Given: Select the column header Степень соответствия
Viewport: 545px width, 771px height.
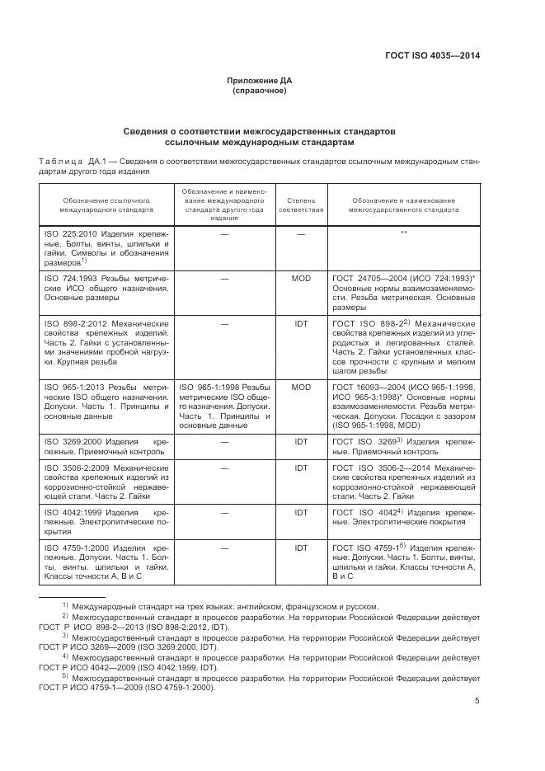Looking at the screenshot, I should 300,205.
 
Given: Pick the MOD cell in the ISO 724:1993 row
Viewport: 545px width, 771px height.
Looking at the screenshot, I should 300,279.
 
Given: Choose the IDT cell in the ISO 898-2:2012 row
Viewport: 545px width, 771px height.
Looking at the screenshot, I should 300,324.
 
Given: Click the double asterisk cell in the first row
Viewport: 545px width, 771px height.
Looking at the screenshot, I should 404,233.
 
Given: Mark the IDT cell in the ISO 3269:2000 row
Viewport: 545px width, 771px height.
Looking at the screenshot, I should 300,443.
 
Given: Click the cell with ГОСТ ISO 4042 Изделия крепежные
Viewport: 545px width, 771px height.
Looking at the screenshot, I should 404,517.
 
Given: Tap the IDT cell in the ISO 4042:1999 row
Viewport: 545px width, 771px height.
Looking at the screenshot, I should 300,512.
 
